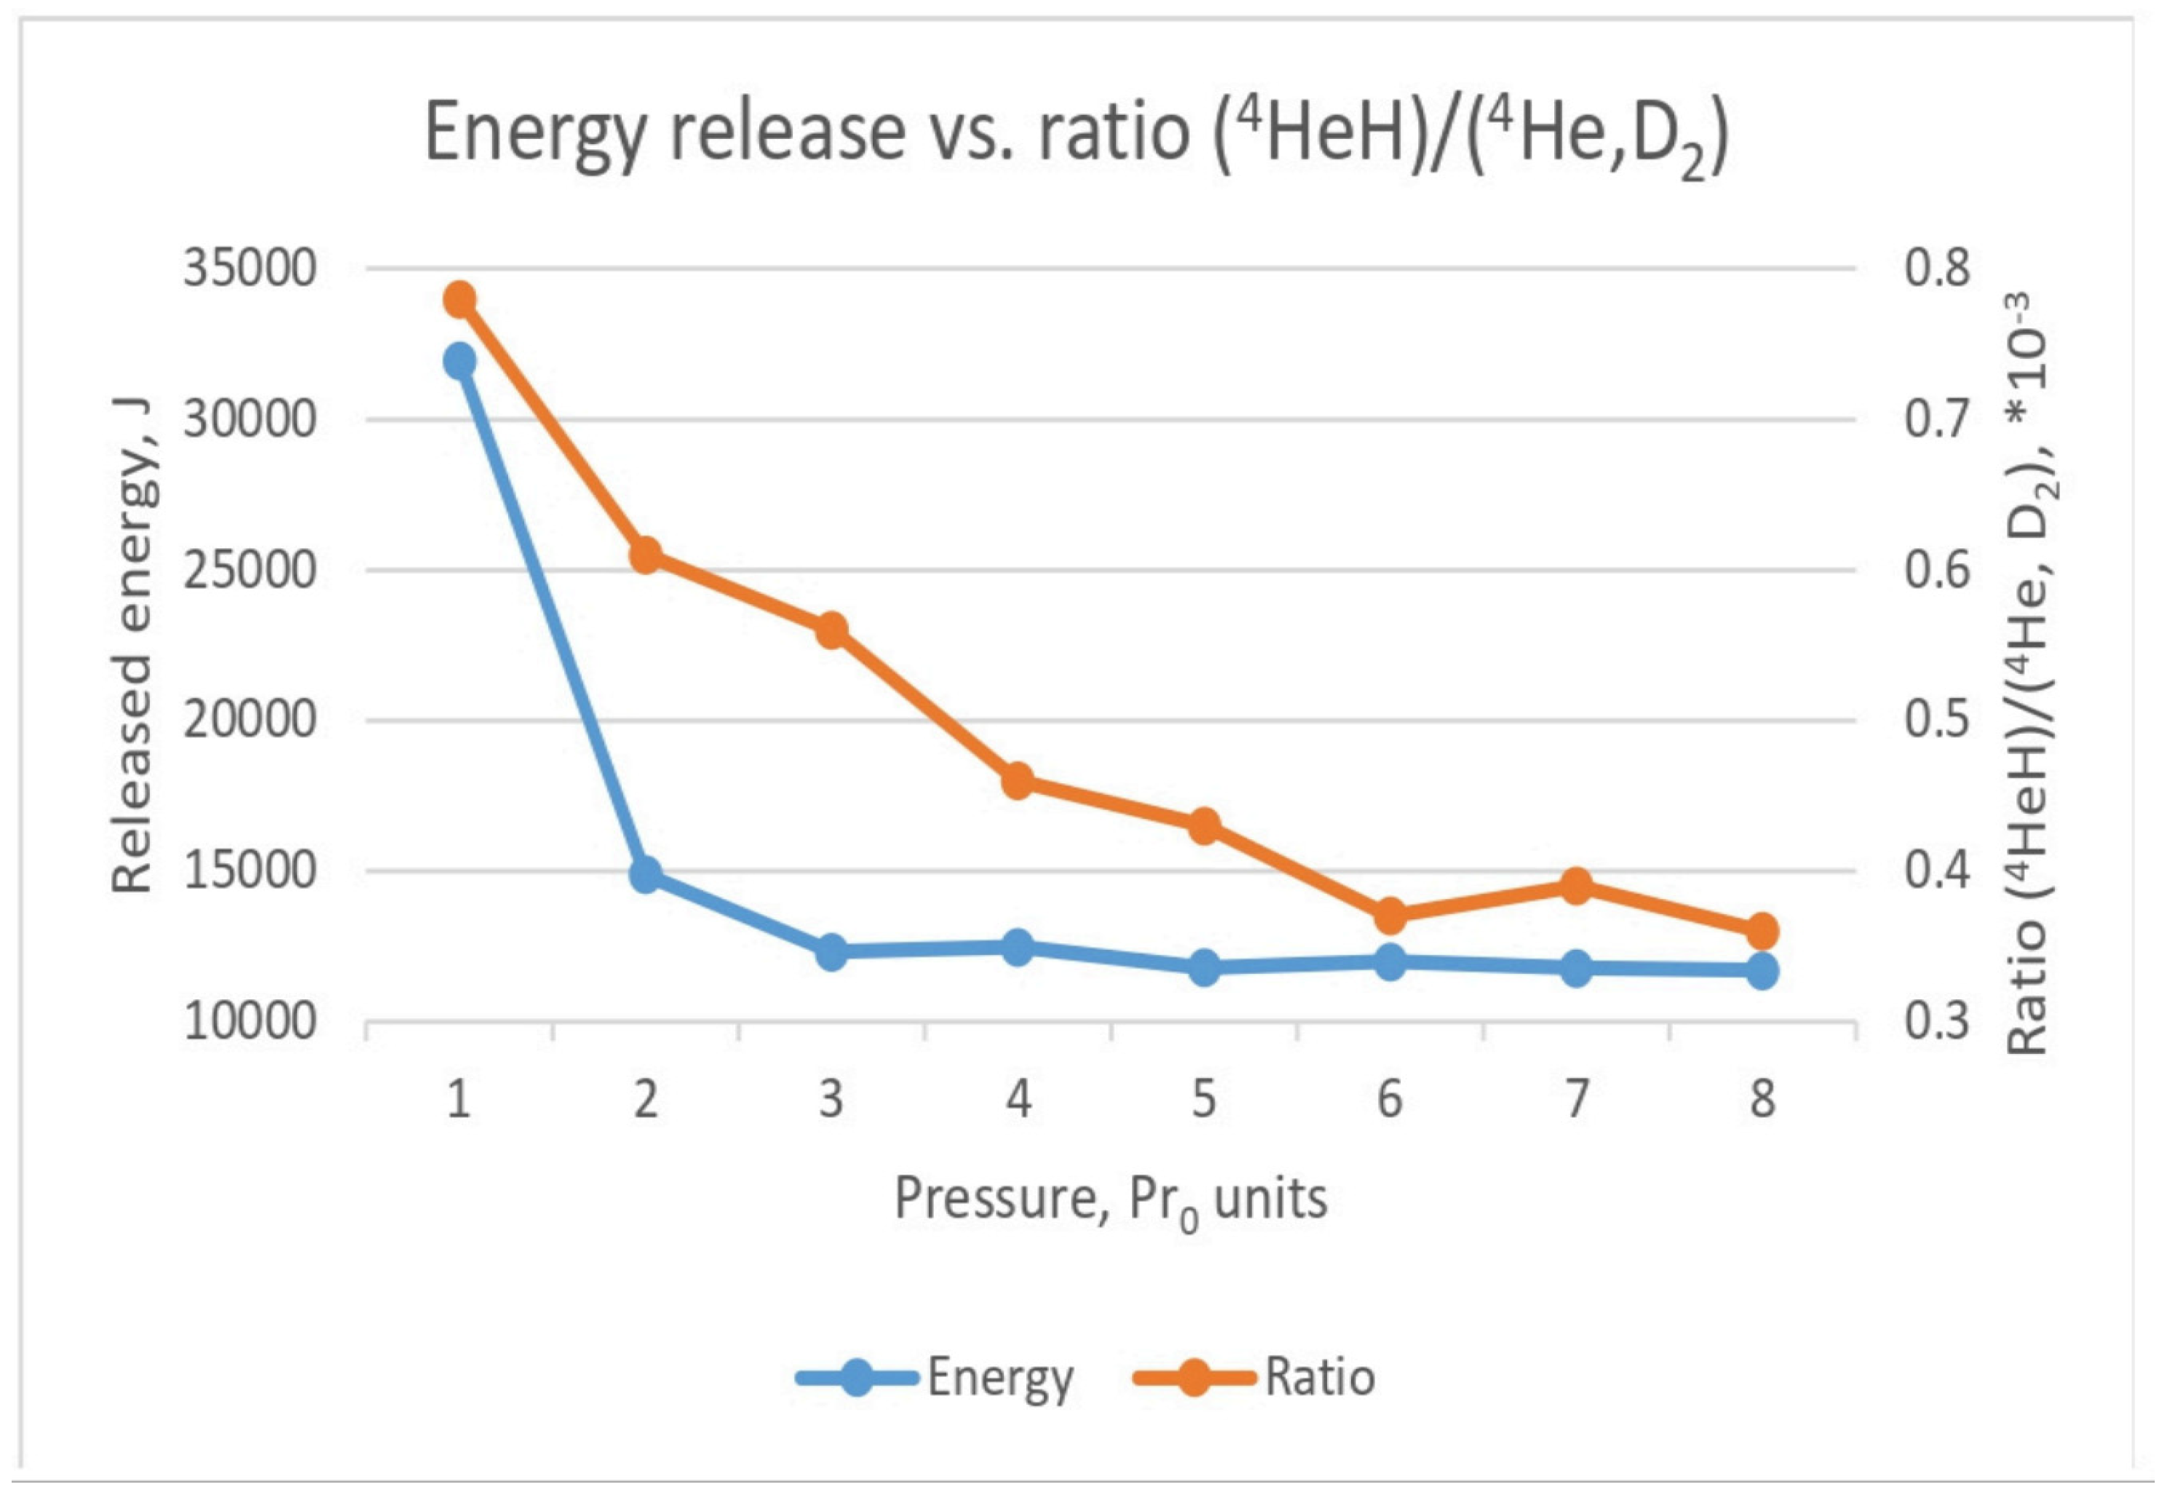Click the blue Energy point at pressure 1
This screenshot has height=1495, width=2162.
click(459, 360)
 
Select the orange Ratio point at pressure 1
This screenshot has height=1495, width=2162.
click(459, 301)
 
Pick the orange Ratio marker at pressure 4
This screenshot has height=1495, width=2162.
click(1018, 780)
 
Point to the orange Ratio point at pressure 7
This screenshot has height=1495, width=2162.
click(1577, 885)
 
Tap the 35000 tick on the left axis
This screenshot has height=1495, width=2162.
click(249, 269)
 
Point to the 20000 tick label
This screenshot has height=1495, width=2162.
click(249, 721)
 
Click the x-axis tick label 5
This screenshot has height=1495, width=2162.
click(1204, 1099)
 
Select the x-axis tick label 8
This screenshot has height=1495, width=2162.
click(1762, 1099)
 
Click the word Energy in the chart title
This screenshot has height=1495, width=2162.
click(533, 133)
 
